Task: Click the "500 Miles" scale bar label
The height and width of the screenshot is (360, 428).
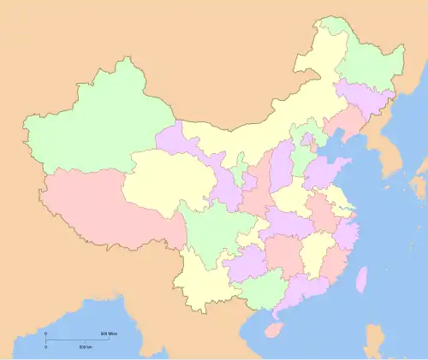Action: coord(109,333)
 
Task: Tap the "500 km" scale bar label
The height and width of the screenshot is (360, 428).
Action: coord(86,346)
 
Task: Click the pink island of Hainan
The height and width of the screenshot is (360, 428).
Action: coord(274,329)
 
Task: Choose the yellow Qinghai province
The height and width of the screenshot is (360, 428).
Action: coord(163,180)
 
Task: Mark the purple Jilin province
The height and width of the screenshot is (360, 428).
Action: coord(364,98)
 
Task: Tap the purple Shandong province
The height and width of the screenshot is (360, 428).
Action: coord(325,171)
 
